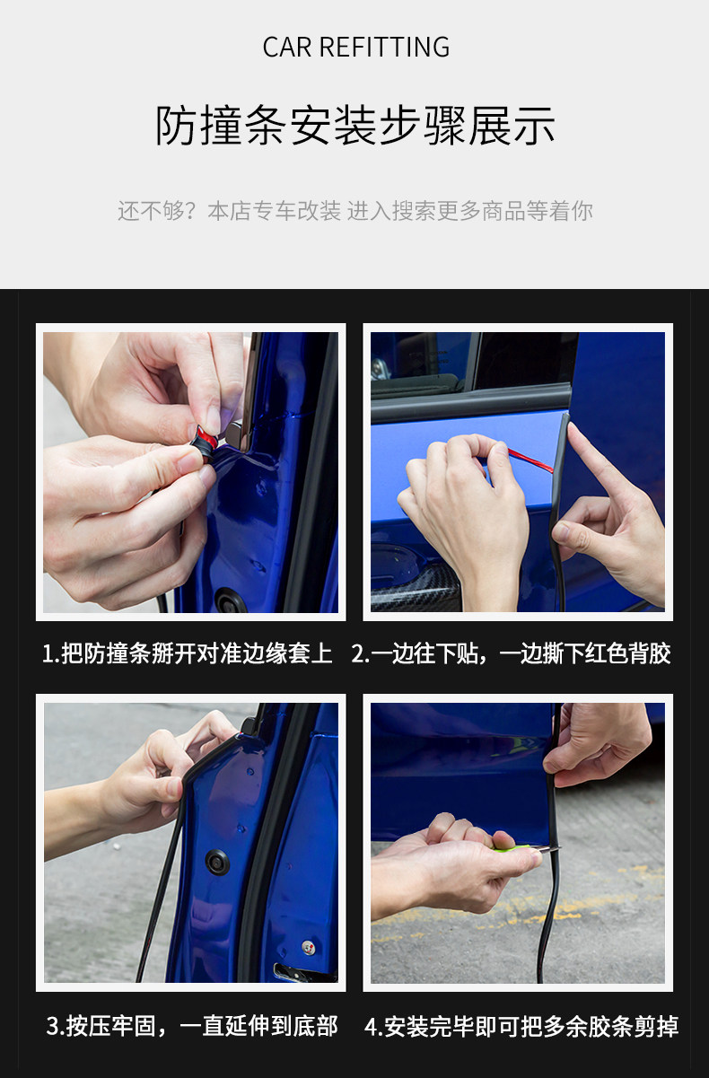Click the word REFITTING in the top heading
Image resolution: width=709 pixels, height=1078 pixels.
[385, 48]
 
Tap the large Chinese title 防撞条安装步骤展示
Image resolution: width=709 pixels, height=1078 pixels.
[354, 126]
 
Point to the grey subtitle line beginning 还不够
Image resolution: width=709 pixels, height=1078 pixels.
[354, 211]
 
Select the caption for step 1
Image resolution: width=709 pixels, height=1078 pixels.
[188, 653]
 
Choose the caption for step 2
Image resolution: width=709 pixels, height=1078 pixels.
[511, 653]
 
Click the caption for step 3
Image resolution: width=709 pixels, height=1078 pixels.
[192, 1026]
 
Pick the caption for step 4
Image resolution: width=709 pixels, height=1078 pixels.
[521, 1026]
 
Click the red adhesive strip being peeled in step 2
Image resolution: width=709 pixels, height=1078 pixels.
[530, 460]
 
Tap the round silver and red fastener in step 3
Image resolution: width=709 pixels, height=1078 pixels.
[308, 947]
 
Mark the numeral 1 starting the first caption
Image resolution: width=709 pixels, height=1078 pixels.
[48, 654]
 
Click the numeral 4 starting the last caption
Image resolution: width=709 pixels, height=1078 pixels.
[371, 1027]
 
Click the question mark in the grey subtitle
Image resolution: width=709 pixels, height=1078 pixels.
[190, 211]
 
